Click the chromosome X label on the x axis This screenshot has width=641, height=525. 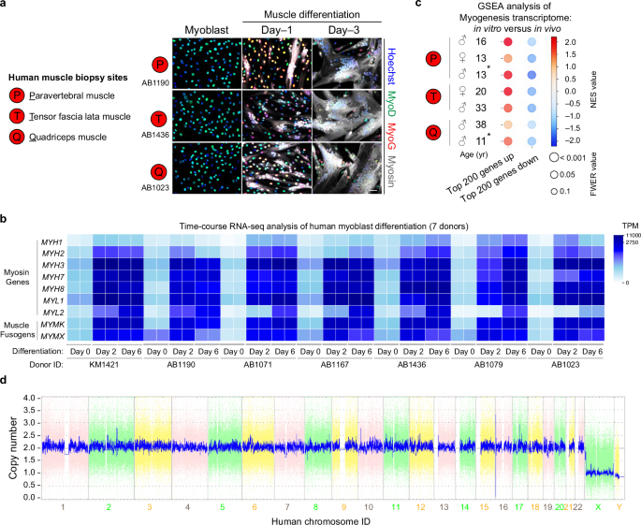pos(597,506)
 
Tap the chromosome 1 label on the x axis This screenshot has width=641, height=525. pos(63,506)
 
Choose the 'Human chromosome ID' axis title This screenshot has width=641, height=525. pos(324,520)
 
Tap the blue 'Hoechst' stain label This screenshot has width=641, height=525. pos(388,57)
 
